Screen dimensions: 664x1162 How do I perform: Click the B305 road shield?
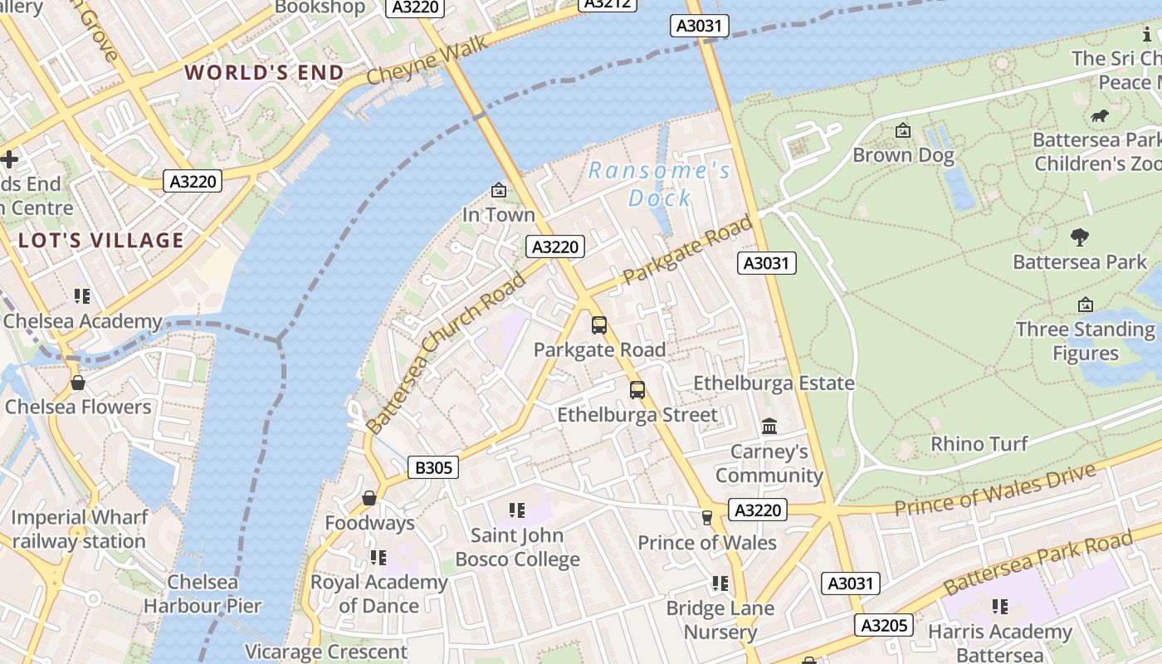click(x=433, y=468)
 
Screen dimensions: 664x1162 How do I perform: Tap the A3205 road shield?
click(x=884, y=625)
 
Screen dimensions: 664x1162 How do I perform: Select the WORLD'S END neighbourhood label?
click(x=264, y=73)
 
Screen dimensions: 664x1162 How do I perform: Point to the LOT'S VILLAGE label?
click(x=101, y=241)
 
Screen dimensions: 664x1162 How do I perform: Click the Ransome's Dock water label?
click(x=660, y=184)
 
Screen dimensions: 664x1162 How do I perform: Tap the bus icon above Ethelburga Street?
click(x=637, y=389)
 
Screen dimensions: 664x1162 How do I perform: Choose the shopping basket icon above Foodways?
click(x=369, y=498)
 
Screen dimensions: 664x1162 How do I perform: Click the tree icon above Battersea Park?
click(x=1079, y=237)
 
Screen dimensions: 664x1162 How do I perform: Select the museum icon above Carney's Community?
click(x=769, y=427)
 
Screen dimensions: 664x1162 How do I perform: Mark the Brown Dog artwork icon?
click(x=903, y=130)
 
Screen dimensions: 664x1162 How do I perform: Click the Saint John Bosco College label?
click(x=517, y=547)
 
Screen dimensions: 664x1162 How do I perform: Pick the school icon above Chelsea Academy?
click(x=81, y=296)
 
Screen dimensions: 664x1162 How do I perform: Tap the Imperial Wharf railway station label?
click(x=80, y=529)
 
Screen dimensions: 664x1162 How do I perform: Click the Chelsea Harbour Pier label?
click(x=203, y=593)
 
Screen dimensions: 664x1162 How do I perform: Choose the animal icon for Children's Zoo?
click(x=1101, y=115)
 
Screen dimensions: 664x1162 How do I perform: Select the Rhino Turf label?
click(x=979, y=444)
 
